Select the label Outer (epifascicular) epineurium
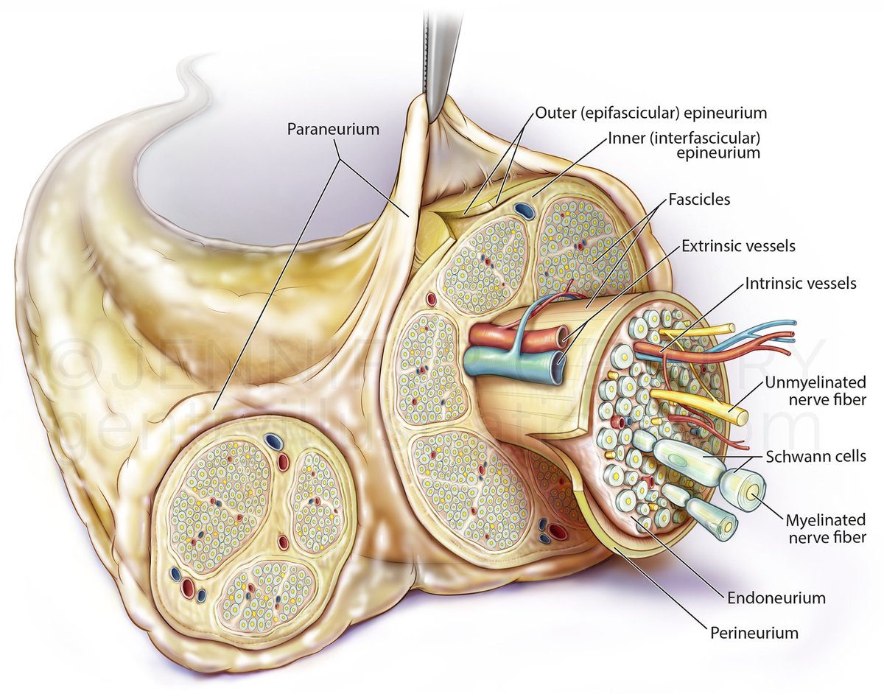[x=651, y=113]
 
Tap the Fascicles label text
[x=699, y=199]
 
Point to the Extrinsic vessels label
[x=738, y=246]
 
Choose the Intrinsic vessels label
[x=801, y=283]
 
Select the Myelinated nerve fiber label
[x=824, y=527]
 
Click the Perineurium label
[x=753, y=632]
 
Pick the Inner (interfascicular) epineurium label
[x=684, y=145]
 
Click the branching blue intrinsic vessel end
[x=790, y=324]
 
